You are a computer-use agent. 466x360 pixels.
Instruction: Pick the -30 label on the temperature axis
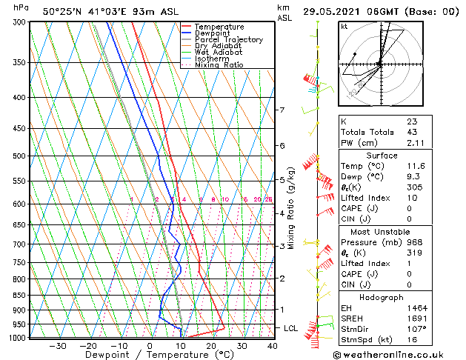57,345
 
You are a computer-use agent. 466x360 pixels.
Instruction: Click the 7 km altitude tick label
282,110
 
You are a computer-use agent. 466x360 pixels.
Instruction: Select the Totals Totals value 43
412,132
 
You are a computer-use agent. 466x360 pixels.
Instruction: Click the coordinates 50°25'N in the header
62,11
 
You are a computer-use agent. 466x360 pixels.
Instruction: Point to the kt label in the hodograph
344,27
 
